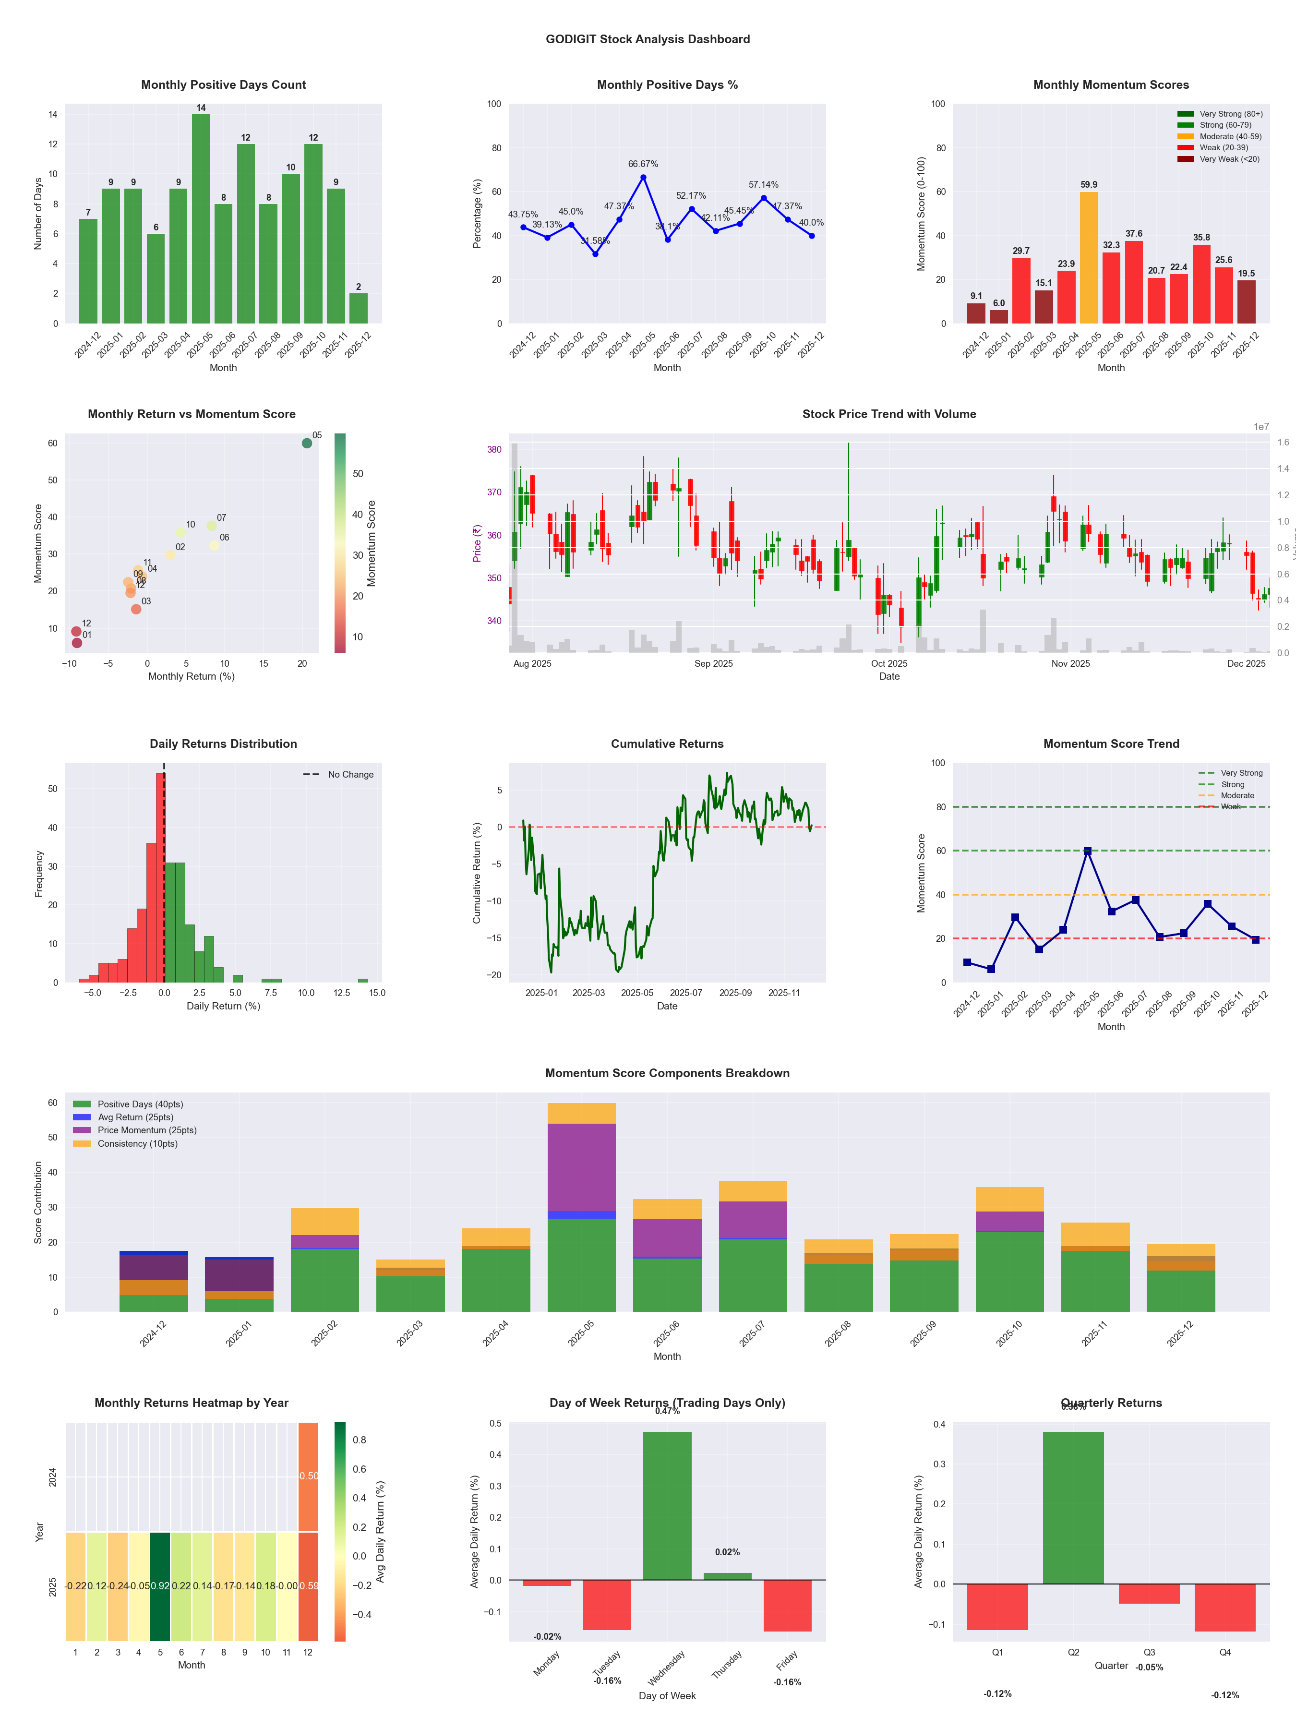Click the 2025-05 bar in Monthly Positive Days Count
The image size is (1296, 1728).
pyautogui.click(x=201, y=219)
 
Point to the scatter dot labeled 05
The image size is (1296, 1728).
pyautogui.click(x=307, y=443)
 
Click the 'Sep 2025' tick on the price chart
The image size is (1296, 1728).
pyautogui.click(x=713, y=664)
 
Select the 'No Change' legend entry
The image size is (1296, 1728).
pyautogui.click(x=350, y=775)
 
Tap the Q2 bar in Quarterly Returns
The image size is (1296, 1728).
pyautogui.click(x=1073, y=1508)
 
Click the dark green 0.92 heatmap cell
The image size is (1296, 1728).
pyautogui.click(x=160, y=1586)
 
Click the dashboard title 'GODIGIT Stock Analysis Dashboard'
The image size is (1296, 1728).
pyautogui.click(x=648, y=39)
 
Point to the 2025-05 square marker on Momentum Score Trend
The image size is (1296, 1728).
pyautogui.click(x=1087, y=852)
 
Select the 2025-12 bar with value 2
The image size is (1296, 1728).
pyautogui.click(x=359, y=309)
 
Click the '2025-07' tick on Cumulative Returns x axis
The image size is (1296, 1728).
pyautogui.click(x=686, y=993)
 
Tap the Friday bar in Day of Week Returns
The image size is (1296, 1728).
pyautogui.click(x=788, y=1606)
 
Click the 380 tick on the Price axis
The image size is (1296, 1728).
pyautogui.click(x=494, y=449)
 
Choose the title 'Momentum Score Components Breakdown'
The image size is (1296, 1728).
pyautogui.click(x=667, y=1073)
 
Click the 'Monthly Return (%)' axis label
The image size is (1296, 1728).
pyautogui.click(x=192, y=676)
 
